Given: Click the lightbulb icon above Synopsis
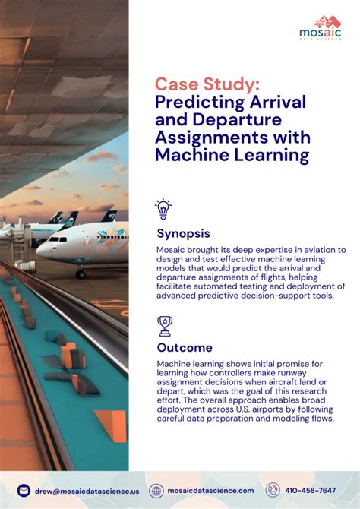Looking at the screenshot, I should coord(163,208).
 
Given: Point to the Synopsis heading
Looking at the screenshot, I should coord(183,233).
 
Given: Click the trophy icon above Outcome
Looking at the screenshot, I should coord(163,325).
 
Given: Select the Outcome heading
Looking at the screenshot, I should coord(185,348).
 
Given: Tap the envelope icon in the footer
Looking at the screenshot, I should coord(24,491).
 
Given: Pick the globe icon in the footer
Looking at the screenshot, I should coord(156,491).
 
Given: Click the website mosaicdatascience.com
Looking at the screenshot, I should coord(211,492).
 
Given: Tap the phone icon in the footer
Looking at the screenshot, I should coord(273,491).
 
